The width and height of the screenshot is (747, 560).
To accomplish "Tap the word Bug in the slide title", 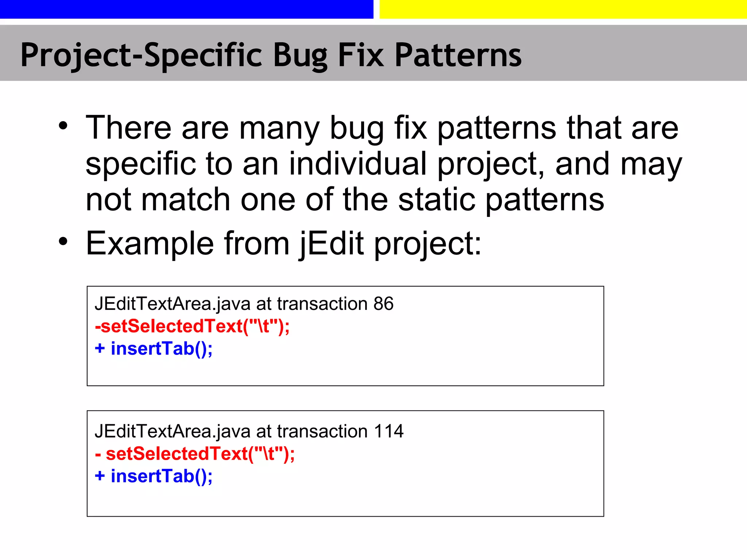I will point(300,55).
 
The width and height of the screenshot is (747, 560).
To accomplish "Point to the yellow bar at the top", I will point(563,9).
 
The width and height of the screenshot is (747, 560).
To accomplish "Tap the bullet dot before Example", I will point(63,241).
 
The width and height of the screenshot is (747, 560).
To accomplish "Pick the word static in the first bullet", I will point(437,199).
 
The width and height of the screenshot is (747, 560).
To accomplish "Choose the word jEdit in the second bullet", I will point(331,243).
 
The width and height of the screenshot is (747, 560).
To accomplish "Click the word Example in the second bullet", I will point(150,243).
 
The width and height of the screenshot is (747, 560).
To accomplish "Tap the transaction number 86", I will point(383,304).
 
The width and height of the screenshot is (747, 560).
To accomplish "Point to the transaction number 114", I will point(388,431).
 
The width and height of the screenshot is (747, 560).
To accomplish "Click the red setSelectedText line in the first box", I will point(192,326).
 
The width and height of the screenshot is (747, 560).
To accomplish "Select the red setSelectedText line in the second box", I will point(195,454).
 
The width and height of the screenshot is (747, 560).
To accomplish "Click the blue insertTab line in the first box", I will point(154,349).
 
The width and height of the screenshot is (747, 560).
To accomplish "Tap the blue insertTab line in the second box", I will point(154,476).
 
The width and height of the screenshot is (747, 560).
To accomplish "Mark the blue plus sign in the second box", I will point(100,476).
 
